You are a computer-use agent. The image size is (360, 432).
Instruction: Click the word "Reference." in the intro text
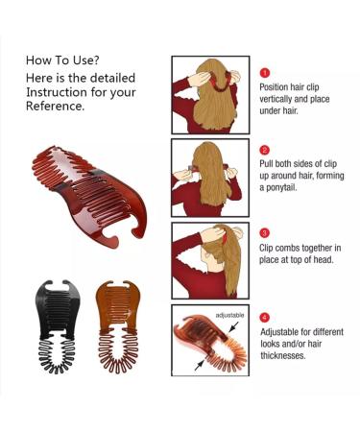click(57, 107)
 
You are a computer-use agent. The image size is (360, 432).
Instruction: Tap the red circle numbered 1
click(265, 72)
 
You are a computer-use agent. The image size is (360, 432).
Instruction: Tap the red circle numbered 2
click(265, 151)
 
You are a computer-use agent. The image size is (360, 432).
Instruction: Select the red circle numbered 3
click(265, 233)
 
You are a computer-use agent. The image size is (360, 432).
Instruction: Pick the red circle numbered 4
click(265, 317)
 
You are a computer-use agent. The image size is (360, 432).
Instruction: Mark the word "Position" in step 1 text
click(277, 86)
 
